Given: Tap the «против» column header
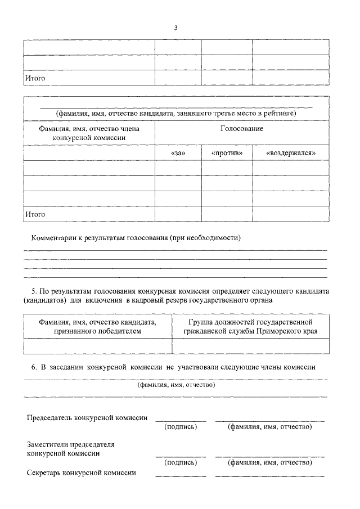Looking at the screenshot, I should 227,153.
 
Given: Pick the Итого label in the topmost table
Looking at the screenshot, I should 35,78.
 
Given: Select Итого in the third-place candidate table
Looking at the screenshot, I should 35,214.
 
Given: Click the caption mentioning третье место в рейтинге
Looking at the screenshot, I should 175,113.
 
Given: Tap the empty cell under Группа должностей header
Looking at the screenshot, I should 250,346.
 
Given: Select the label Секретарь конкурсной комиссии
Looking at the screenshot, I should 82,473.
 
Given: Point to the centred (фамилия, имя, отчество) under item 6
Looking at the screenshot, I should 176,385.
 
